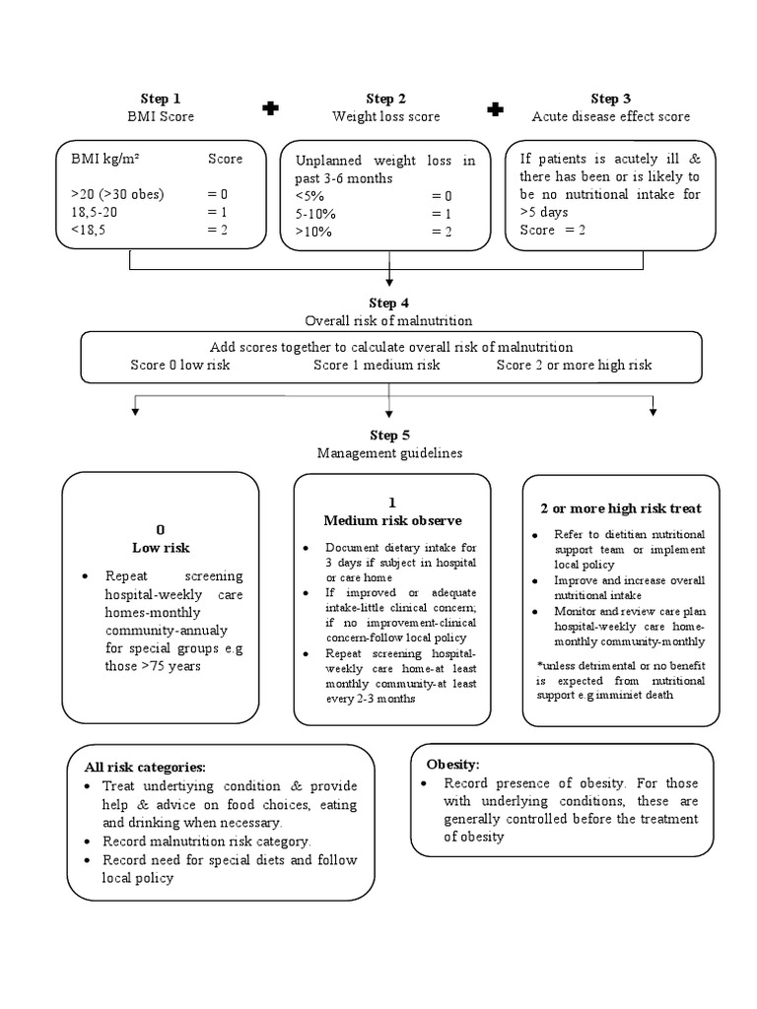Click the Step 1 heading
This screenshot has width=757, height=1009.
161,99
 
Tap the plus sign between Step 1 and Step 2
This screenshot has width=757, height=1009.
270,108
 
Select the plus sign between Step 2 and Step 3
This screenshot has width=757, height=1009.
496,108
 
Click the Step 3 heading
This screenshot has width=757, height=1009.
610,99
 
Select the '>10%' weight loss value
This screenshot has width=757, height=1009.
313,232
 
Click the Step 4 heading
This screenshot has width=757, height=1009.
388,303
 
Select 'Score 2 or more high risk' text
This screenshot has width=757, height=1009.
574,365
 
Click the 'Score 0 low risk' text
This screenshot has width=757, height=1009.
179,365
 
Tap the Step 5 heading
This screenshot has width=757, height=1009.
388,436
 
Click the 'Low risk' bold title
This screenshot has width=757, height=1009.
161,547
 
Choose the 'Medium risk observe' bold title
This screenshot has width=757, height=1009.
392,520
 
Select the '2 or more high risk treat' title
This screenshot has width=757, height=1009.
621,508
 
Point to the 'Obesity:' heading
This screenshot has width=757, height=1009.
452,764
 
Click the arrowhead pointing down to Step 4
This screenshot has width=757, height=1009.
390,285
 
